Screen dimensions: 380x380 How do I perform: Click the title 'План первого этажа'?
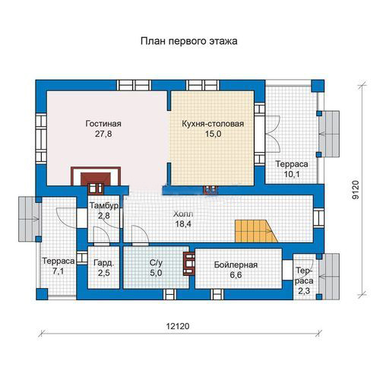[189, 41]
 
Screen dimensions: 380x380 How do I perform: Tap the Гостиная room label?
[103, 124]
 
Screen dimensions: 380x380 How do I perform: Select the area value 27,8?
[103, 134]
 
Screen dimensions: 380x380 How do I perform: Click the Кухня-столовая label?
[213, 124]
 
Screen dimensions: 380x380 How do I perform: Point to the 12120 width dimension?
[178, 326]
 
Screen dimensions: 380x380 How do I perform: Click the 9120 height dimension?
[356, 190]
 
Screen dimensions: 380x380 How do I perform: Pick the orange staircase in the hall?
[256, 231]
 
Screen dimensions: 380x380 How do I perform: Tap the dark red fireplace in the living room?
[96, 179]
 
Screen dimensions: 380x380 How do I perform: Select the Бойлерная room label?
[236, 264]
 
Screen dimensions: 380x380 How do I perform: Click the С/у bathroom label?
[156, 263]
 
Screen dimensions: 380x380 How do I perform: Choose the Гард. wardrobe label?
[104, 263]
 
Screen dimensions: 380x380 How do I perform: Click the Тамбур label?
[104, 205]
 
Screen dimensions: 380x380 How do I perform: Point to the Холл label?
[183, 214]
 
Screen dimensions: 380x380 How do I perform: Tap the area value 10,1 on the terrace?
[292, 174]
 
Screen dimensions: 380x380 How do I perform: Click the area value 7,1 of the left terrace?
[58, 271]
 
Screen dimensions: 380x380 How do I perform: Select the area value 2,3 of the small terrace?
[304, 291]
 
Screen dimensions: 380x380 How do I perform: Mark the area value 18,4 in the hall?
[183, 224]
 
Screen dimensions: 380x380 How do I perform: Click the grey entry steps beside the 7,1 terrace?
[28, 219]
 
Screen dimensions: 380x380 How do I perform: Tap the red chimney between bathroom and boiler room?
[189, 264]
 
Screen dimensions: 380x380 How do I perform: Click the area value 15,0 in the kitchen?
[213, 134]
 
